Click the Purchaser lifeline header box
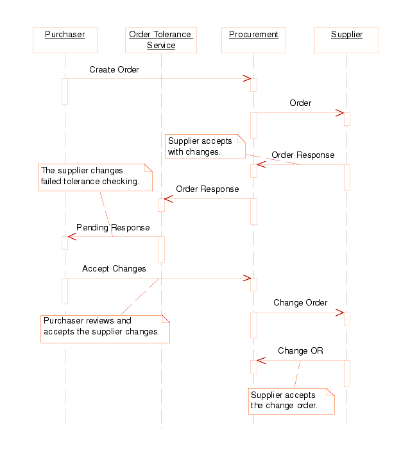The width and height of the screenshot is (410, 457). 65,40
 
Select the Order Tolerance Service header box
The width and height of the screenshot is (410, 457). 161,40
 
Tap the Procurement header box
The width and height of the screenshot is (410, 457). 253,40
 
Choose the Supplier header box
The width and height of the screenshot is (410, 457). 346,40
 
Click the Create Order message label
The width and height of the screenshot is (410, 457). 114,69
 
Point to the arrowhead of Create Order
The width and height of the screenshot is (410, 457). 246,79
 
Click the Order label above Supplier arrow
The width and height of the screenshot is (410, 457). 300,103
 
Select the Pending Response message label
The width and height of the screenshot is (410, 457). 113,227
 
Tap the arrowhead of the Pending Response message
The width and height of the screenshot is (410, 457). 72,237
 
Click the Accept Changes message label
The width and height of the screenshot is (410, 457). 114,268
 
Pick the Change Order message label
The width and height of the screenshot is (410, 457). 300,302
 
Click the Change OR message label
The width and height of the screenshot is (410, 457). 300,350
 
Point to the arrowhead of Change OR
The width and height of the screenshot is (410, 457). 261,360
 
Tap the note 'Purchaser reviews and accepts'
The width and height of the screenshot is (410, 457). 105,329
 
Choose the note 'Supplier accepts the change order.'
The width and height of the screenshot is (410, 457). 291,401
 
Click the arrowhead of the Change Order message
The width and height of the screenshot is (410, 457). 340,313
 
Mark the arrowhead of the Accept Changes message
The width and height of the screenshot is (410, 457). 246,278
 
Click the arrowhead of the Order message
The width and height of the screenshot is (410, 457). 340,113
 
